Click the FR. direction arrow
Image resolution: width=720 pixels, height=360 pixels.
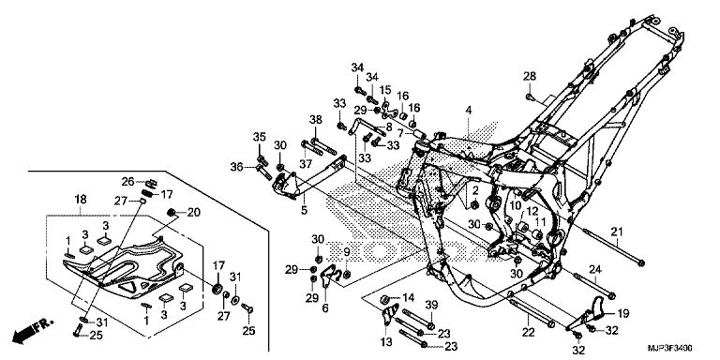click(x=33, y=331)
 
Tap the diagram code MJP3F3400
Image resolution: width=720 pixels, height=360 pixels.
click(x=669, y=348)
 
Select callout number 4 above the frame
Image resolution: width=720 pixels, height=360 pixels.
click(x=469, y=111)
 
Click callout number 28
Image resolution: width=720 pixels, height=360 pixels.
click(x=530, y=76)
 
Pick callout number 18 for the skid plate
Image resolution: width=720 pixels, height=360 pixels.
click(x=80, y=200)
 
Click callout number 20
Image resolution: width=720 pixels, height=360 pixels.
click(x=194, y=212)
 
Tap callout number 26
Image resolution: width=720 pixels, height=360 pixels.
click(x=128, y=182)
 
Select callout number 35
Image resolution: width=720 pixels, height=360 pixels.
click(x=260, y=137)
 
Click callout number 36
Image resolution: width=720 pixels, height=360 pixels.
click(x=237, y=167)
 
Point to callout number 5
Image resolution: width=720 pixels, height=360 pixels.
click(x=304, y=211)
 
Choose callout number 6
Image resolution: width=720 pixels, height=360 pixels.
click(x=325, y=308)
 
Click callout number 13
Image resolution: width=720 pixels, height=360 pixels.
click(x=386, y=341)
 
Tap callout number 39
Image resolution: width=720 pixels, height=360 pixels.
click(x=431, y=306)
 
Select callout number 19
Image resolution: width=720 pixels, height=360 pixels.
click(x=622, y=314)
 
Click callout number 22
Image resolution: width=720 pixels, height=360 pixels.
click(x=529, y=333)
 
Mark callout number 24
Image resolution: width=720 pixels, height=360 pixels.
click(x=595, y=269)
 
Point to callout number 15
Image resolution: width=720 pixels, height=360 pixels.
click(x=384, y=90)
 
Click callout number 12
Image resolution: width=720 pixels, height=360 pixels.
click(x=532, y=212)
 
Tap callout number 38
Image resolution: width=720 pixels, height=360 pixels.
click(x=315, y=120)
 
